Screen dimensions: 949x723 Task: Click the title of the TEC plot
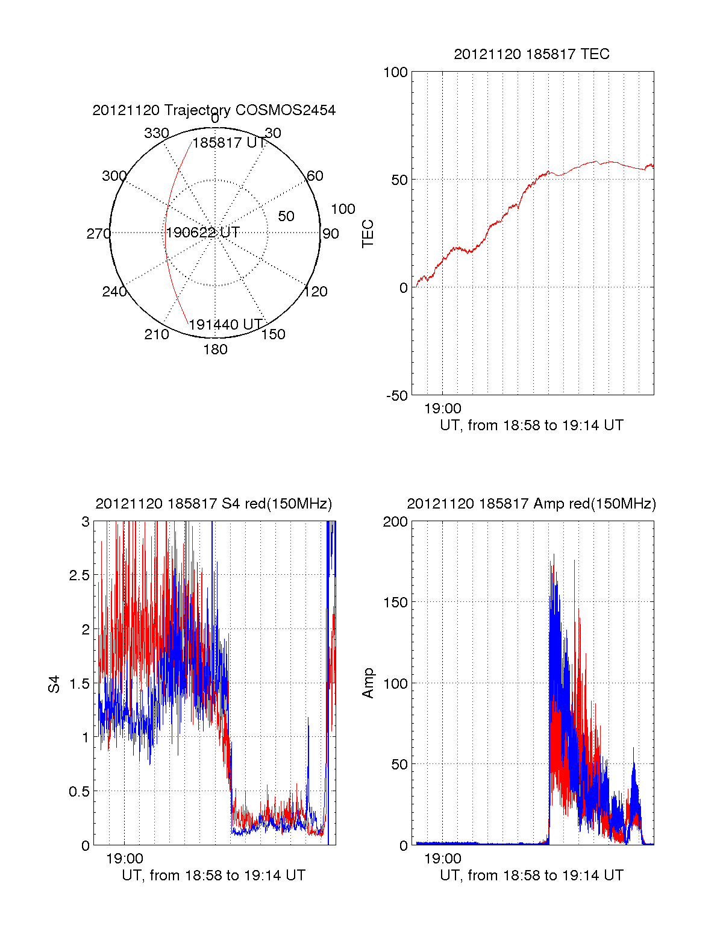point(531,54)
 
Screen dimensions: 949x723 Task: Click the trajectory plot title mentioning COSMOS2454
point(214,110)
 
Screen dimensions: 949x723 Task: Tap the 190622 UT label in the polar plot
point(203,233)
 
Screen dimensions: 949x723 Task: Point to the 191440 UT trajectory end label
point(226,325)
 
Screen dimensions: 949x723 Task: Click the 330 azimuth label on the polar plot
point(157,133)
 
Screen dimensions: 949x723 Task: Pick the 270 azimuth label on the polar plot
point(99,234)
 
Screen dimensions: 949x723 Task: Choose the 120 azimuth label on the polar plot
point(316,292)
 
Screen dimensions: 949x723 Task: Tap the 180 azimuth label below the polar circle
point(215,349)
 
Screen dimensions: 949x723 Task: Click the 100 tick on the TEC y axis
point(395,73)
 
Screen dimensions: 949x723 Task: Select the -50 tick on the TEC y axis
point(397,396)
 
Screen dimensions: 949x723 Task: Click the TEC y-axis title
point(368,234)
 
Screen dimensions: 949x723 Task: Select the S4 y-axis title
point(54,684)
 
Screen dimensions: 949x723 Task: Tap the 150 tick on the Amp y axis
point(395,603)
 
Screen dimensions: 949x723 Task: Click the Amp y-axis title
point(368,683)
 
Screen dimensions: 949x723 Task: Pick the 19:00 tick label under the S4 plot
point(125,859)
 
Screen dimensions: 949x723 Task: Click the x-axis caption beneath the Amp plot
point(531,875)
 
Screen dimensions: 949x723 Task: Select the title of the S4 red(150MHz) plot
point(214,504)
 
